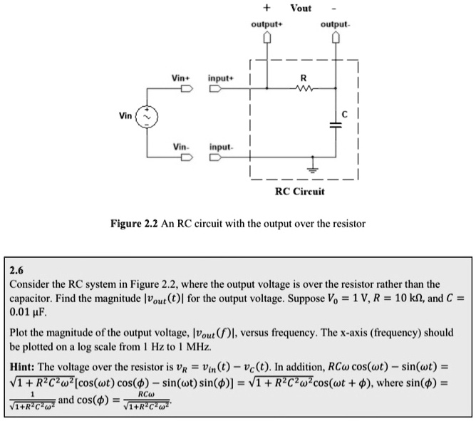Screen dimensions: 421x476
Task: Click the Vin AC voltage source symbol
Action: pyautogui.click(x=148, y=116)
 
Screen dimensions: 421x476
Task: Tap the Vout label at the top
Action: pyautogui.click(x=301, y=8)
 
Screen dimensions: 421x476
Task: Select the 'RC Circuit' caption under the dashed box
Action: pyautogui.click(x=299, y=191)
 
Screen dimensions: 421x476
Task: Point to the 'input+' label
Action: pyautogui.click(x=220, y=76)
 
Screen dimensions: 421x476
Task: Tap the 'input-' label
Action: pyautogui.click(x=221, y=147)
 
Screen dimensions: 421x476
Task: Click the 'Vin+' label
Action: pyautogui.click(x=181, y=76)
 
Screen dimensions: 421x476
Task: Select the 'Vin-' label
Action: pyautogui.click(x=180, y=147)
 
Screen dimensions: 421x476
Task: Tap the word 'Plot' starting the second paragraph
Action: pyautogui.click(x=21, y=333)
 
